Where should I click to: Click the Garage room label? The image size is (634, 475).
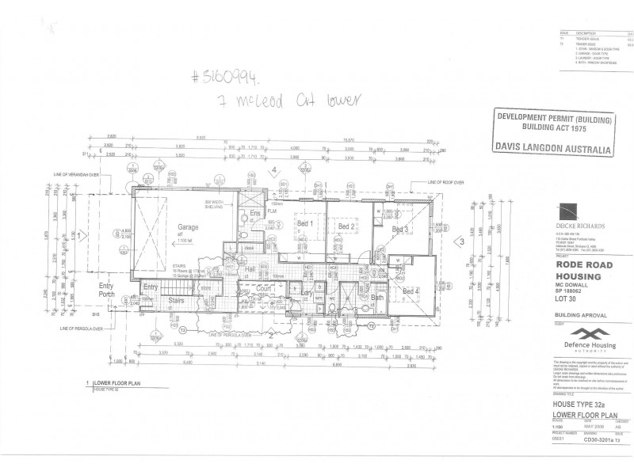(x=188, y=227)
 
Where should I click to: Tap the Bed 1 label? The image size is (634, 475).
(x=306, y=226)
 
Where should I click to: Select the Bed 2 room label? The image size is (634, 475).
(x=345, y=227)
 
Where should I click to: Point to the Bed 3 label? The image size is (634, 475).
(x=400, y=230)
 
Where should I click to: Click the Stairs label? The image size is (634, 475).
(x=177, y=300)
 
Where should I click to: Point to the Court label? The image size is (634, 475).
(x=263, y=291)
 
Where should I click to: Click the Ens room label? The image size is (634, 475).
(x=256, y=213)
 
